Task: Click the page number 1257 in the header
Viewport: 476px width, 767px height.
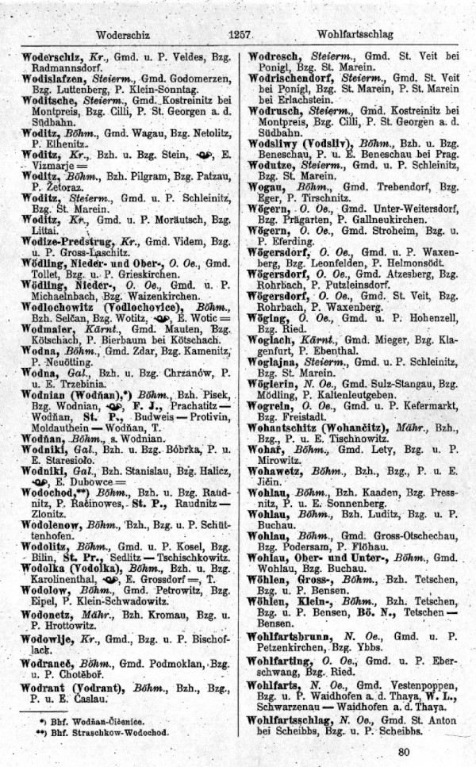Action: coord(239,35)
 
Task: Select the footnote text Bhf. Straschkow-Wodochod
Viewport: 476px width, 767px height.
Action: coord(102,734)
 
